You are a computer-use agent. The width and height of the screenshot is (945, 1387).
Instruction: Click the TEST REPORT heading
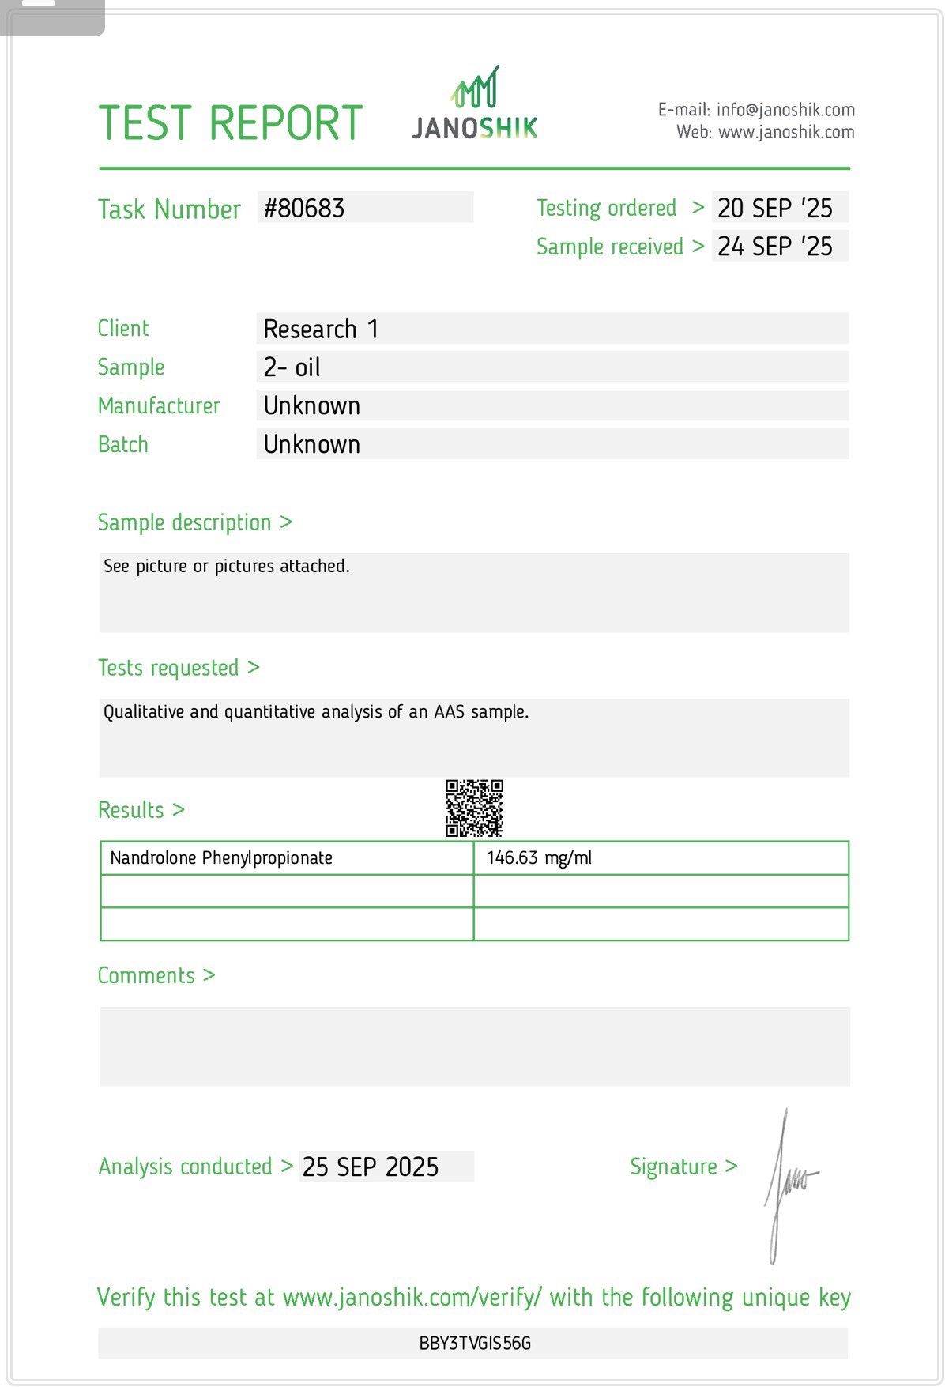point(230,123)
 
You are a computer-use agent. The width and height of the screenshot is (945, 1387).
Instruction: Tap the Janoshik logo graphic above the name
point(475,87)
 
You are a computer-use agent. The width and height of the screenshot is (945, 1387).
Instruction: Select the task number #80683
point(304,209)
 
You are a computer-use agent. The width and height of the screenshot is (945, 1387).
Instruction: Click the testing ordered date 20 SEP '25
point(774,208)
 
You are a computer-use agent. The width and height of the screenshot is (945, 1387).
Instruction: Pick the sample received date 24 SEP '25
point(774,247)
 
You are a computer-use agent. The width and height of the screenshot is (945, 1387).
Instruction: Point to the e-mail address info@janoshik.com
point(785,110)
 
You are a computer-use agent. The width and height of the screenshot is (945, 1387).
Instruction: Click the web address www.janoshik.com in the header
point(786,132)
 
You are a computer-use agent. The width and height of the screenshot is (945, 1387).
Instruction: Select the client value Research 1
point(321,329)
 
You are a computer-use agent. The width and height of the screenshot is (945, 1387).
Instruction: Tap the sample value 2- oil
point(292,367)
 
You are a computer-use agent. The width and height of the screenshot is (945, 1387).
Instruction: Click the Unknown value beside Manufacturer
point(312,406)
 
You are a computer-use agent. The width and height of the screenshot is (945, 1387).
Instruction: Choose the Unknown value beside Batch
point(312,445)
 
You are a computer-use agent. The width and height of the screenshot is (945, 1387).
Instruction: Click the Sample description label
point(184,522)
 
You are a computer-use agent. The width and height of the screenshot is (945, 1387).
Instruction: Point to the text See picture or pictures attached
point(227,566)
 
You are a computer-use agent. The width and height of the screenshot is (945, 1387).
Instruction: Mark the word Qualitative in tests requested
point(145,712)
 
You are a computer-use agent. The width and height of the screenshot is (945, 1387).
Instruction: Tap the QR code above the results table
point(474,808)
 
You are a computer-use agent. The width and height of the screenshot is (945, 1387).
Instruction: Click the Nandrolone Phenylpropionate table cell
point(221,858)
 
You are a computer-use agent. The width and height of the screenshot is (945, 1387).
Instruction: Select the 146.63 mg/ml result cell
point(539,858)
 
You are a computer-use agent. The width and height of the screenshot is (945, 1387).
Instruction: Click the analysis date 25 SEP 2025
point(370,1167)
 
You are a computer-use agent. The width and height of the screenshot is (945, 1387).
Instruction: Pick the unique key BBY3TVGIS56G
point(475,1344)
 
